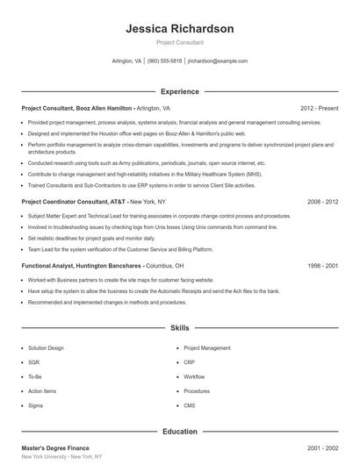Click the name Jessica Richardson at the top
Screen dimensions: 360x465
tap(180, 28)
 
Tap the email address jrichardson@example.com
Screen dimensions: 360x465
tap(218, 61)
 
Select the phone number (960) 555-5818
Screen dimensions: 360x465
tap(164, 61)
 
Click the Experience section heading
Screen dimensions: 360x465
tap(180, 91)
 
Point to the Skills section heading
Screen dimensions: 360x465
tap(180, 328)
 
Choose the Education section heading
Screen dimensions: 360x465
tap(180, 432)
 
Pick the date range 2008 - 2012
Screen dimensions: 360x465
tap(323, 201)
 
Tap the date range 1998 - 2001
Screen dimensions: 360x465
tap(323, 265)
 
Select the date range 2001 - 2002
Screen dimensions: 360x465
tap(323, 447)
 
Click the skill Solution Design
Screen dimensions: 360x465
tap(46, 347)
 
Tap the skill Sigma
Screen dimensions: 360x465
tap(36, 405)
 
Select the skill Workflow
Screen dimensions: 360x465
tap(194, 376)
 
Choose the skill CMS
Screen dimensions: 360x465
tap(190, 405)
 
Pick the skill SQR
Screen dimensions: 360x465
tap(34, 361)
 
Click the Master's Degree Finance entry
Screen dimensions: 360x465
tap(55, 447)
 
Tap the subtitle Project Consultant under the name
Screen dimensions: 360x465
tap(180, 42)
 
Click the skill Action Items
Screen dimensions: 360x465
tap(41, 390)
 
